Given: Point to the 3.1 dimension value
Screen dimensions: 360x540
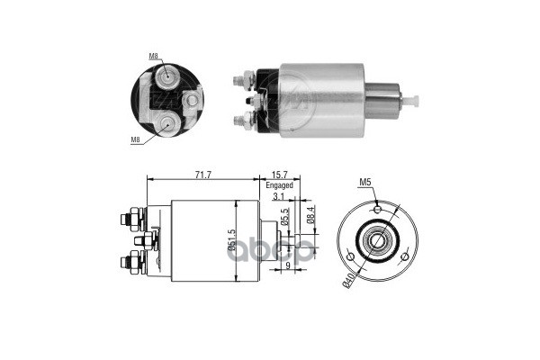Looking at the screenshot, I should point(277,196).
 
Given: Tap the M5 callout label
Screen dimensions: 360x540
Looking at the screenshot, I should point(366,183).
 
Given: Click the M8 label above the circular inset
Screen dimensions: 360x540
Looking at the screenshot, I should point(156,57).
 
